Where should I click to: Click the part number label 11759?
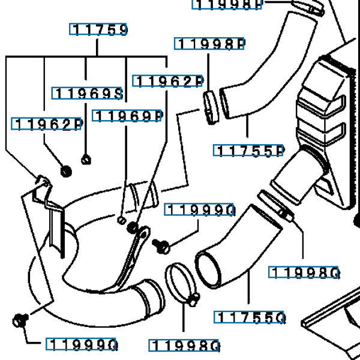click(x=100, y=29)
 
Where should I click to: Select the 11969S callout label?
click(x=88, y=93)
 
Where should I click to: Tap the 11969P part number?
click(x=128, y=116)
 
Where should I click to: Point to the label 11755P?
click(x=248, y=150)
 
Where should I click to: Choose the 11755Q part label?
click(x=250, y=317)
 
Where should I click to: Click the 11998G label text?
click(x=185, y=346)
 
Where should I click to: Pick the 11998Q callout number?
click(x=305, y=273)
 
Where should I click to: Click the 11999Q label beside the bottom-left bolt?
click(x=82, y=344)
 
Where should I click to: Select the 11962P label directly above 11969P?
click(x=168, y=82)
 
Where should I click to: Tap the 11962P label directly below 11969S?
click(x=47, y=124)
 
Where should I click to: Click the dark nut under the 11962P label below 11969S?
click(x=66, y=171)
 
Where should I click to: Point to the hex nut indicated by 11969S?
click(x=85, y=159)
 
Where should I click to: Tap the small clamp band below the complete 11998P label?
click(x=210, y=107)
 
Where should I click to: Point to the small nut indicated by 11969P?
click(x=122, y=220)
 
